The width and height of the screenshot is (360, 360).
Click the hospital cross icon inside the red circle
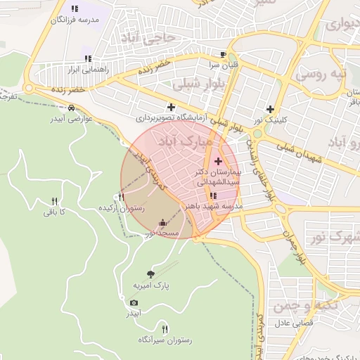[x=217, y=162]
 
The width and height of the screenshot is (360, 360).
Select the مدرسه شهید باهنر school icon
[x=213, y=195]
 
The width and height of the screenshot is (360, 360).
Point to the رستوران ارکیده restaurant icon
[x=122, y=198]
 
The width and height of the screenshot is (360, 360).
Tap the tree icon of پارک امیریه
[x=150, y=274]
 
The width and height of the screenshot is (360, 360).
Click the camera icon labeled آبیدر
[x=134, y=302]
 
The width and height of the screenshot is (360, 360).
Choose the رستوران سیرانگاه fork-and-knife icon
[x=165, y=328]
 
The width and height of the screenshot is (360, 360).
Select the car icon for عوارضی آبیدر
[x=72, y=108]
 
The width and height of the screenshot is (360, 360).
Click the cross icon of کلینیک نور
[x=271, y=109]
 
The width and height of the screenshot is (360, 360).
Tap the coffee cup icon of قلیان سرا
[x=223, y=54]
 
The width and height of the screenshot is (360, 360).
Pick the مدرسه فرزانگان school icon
[x=75, y=9]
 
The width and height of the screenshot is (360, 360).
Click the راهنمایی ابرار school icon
[x=88, y=59]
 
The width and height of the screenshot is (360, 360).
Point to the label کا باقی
[x=53, y=212]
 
